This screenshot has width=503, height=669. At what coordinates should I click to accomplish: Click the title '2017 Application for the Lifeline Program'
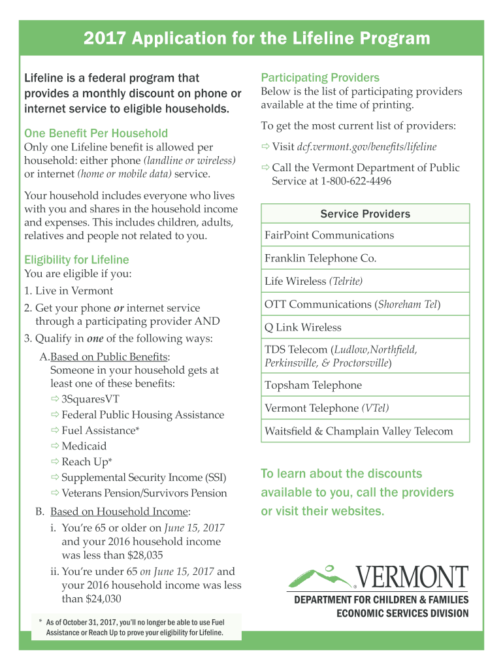(x=257, y=39)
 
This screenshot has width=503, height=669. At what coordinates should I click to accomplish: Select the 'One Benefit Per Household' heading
(x=96, y=133)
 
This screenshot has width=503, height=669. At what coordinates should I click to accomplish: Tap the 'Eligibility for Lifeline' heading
(x=76, y=259)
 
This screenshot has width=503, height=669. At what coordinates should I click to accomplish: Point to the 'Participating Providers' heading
(x=320, y=78)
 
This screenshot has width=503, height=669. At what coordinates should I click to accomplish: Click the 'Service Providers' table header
(x=365, y=214)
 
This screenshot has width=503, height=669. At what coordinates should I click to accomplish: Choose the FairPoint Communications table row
(x=329, y=235)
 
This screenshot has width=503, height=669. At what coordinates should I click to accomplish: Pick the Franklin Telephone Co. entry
(x=321, y=258)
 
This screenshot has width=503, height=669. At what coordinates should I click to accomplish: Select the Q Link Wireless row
(x=303, y=327)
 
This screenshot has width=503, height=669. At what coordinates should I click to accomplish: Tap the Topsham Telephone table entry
(x=313, y=385)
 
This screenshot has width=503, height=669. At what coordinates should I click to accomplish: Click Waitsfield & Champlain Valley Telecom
(x=359, y=431)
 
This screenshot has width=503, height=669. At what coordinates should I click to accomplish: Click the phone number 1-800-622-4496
(x=356, y=181)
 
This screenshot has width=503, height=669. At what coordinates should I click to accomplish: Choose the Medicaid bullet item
(x=84, y=446)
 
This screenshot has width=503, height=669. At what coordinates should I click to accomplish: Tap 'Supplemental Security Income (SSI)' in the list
(x=144, y=478)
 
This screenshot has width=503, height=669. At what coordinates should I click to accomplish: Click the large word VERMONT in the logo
(x=413, y=578)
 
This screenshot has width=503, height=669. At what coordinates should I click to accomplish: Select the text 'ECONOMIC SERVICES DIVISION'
(x=402, y=613)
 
